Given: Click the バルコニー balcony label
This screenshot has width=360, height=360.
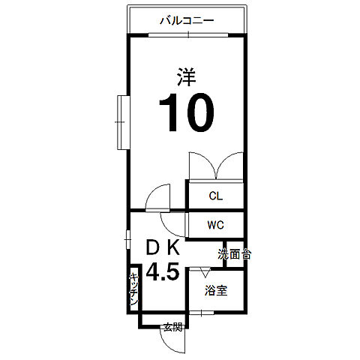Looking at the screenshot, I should coord(187,20).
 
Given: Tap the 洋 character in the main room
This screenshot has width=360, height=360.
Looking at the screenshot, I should coord(187,77).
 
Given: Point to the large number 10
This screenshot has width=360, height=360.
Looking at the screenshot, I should coord(186,112).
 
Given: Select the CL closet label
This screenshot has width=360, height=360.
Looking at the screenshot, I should coord(215,196).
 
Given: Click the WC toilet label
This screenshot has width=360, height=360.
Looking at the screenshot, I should coord(216,225).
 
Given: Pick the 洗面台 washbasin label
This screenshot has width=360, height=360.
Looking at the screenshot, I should coord(235,254).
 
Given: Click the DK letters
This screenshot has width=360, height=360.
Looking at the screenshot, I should coord(163,248).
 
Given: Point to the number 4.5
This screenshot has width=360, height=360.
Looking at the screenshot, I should coord(162,271).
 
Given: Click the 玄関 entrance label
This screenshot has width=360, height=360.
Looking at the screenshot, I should coord(172,327).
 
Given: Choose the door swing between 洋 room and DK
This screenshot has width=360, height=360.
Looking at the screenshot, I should coord(158,199).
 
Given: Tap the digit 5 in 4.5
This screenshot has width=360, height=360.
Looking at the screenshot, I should coord(172,271).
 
